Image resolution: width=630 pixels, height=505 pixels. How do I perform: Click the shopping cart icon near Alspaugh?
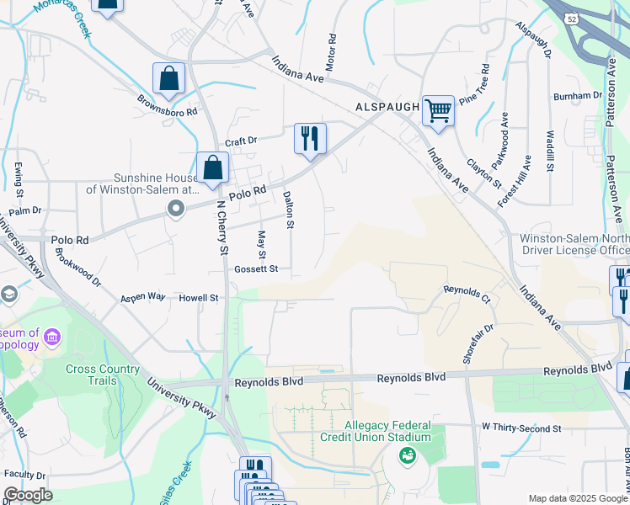click(438, 110)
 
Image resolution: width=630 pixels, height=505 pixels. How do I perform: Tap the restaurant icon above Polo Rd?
click(310, 138)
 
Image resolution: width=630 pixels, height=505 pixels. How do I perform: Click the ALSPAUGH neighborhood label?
click(387, 108)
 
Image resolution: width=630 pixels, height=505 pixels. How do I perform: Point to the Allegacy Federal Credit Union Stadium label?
click(376, 432)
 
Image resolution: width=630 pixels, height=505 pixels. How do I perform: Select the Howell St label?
click(198, 298)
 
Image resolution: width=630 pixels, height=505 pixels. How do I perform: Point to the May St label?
click(262, 244)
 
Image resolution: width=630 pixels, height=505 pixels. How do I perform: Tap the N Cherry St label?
click(223, 227)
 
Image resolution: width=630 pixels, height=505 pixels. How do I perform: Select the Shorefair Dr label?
click(477, 343)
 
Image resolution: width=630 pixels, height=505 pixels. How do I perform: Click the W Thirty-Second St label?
click(521, 428)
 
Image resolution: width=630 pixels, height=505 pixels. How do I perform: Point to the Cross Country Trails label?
click(104, 375)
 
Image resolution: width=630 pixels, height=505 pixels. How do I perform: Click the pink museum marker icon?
click(52, 338)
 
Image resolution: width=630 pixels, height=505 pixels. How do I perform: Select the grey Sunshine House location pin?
click(175, 208)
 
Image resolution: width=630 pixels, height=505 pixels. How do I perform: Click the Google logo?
click(28, 495)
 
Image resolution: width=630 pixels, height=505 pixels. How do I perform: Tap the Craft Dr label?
click(240, 141)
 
